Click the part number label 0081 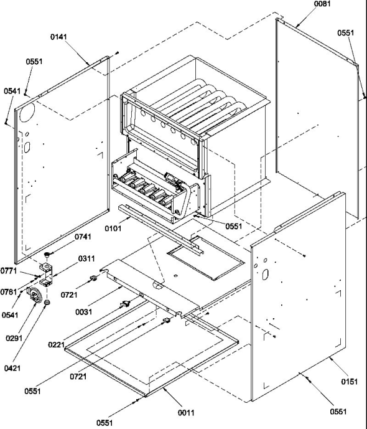click(x=322, y=4)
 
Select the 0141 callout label click(x=58, y=37)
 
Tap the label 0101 click(x=113, y=228)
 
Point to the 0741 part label click(x=83, y=237)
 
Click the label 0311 click(x=86, y=258)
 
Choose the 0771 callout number click(x=9, y=271)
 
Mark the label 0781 click(x=9, y=291)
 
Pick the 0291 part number click(x=14, y=338)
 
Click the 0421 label click(x=12, y=368)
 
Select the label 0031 click(x=83, y=311)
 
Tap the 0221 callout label click(x=56, y=344)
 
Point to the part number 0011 click(x=186, y=413)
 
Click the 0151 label click(x=349, y=382)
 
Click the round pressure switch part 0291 click(x=34, y=295)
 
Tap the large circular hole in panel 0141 click(x=27, y=113)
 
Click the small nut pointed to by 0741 click(x=47, y=255)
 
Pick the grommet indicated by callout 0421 click(x=47, y=303)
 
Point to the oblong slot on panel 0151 click(x=265, y=275)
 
